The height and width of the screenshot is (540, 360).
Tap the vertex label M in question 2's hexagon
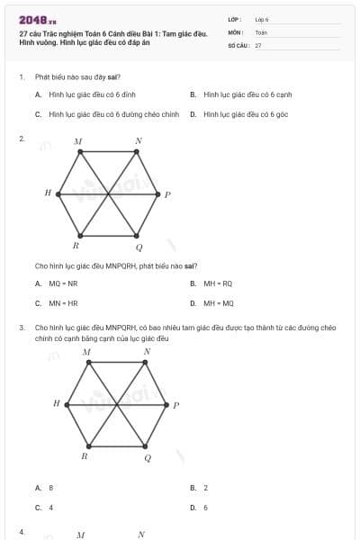click(x=78, y=141)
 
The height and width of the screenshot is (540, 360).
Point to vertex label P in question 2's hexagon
click(x=167, y=194)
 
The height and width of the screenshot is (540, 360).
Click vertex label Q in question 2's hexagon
click(x=139, y=247)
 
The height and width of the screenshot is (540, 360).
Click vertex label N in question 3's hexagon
click(x=148, y=352)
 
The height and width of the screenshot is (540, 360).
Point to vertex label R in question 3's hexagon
click(x=84, y=456)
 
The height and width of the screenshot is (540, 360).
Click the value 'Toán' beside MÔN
click(x=261, y=31)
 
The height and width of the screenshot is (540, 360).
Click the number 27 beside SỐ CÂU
click(x=258, y=44)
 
